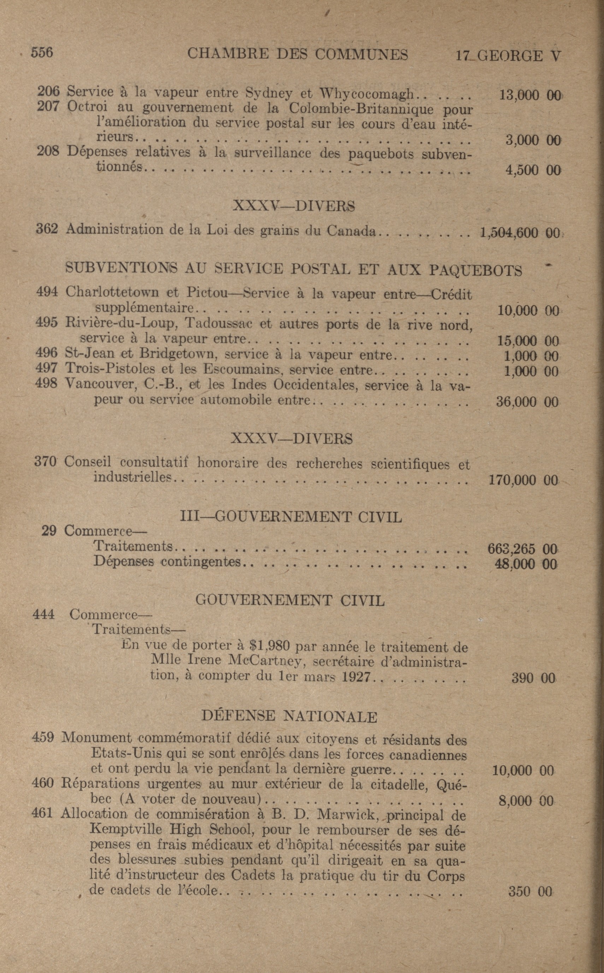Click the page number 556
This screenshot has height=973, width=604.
point(42,52)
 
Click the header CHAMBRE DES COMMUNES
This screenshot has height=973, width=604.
point(298,54)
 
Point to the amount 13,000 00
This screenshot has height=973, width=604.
point(530,95)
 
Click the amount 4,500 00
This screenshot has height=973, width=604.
point(533,171)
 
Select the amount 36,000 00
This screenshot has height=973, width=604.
point(527,402)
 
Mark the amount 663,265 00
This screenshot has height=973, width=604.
point(522,549)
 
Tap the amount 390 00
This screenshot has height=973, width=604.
point(533,678)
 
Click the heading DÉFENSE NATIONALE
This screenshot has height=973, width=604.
point(289,717)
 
